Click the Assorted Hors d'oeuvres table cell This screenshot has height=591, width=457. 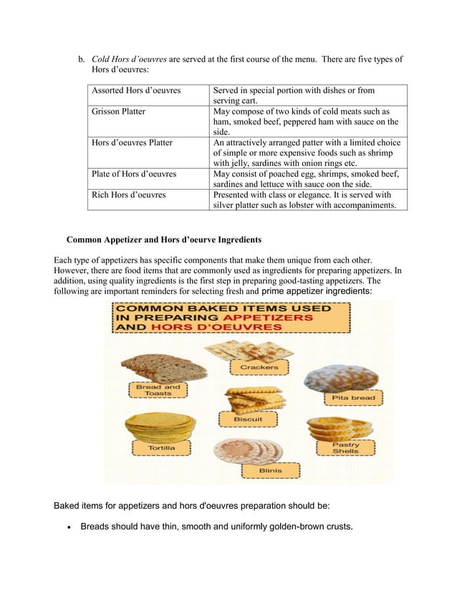click(136, 91)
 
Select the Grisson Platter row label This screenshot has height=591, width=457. click(119, 112)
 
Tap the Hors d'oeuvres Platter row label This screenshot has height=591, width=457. click(133, 142)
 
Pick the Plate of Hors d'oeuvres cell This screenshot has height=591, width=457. click(134, 173)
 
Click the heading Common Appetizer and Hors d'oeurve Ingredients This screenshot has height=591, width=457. click(164, 238)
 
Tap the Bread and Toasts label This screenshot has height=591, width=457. click(158, 390)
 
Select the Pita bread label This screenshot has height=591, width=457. click(352, 397)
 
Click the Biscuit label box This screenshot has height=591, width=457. click(252, 419)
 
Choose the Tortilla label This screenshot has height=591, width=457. click(160, 448)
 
